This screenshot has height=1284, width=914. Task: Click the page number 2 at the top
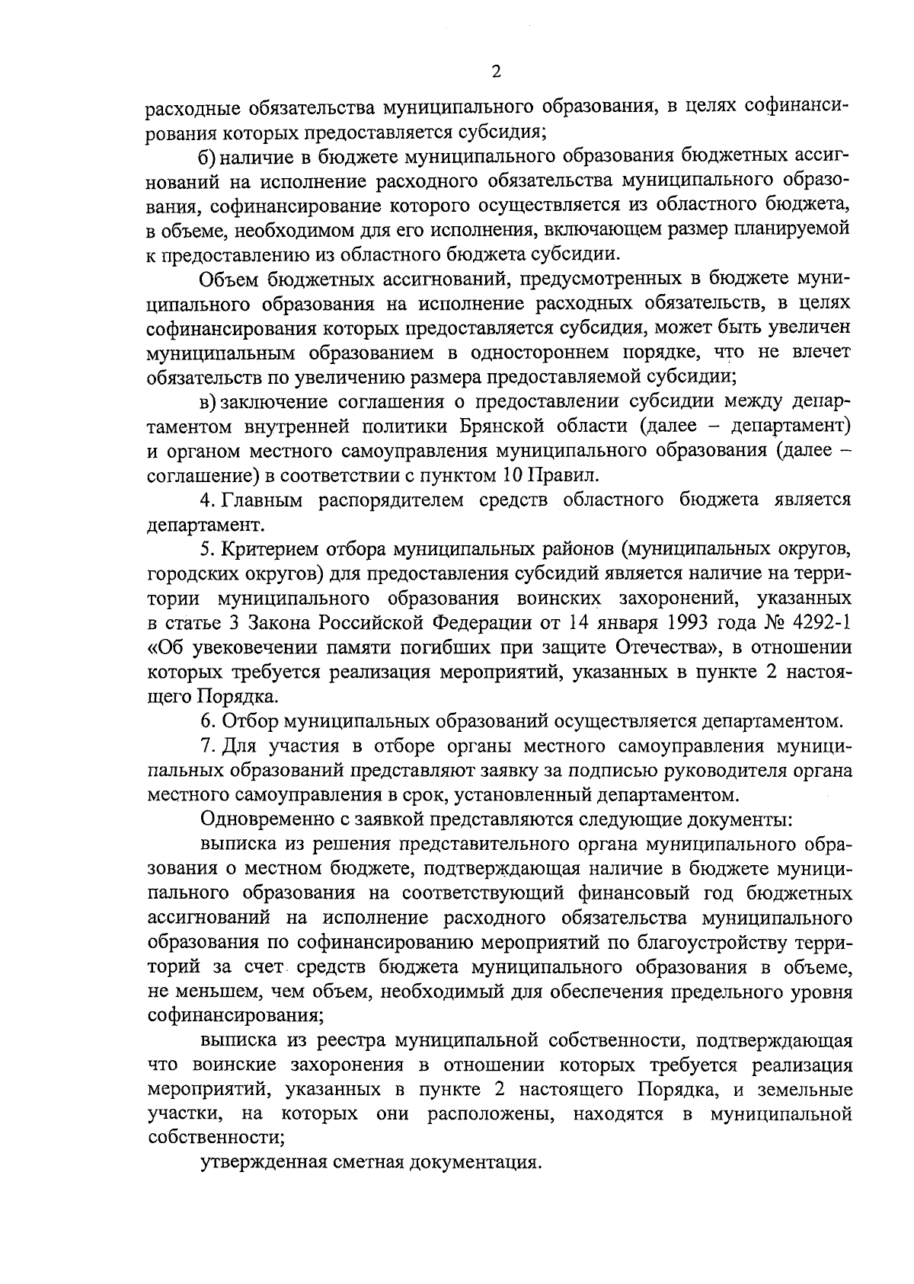[497, 72]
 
